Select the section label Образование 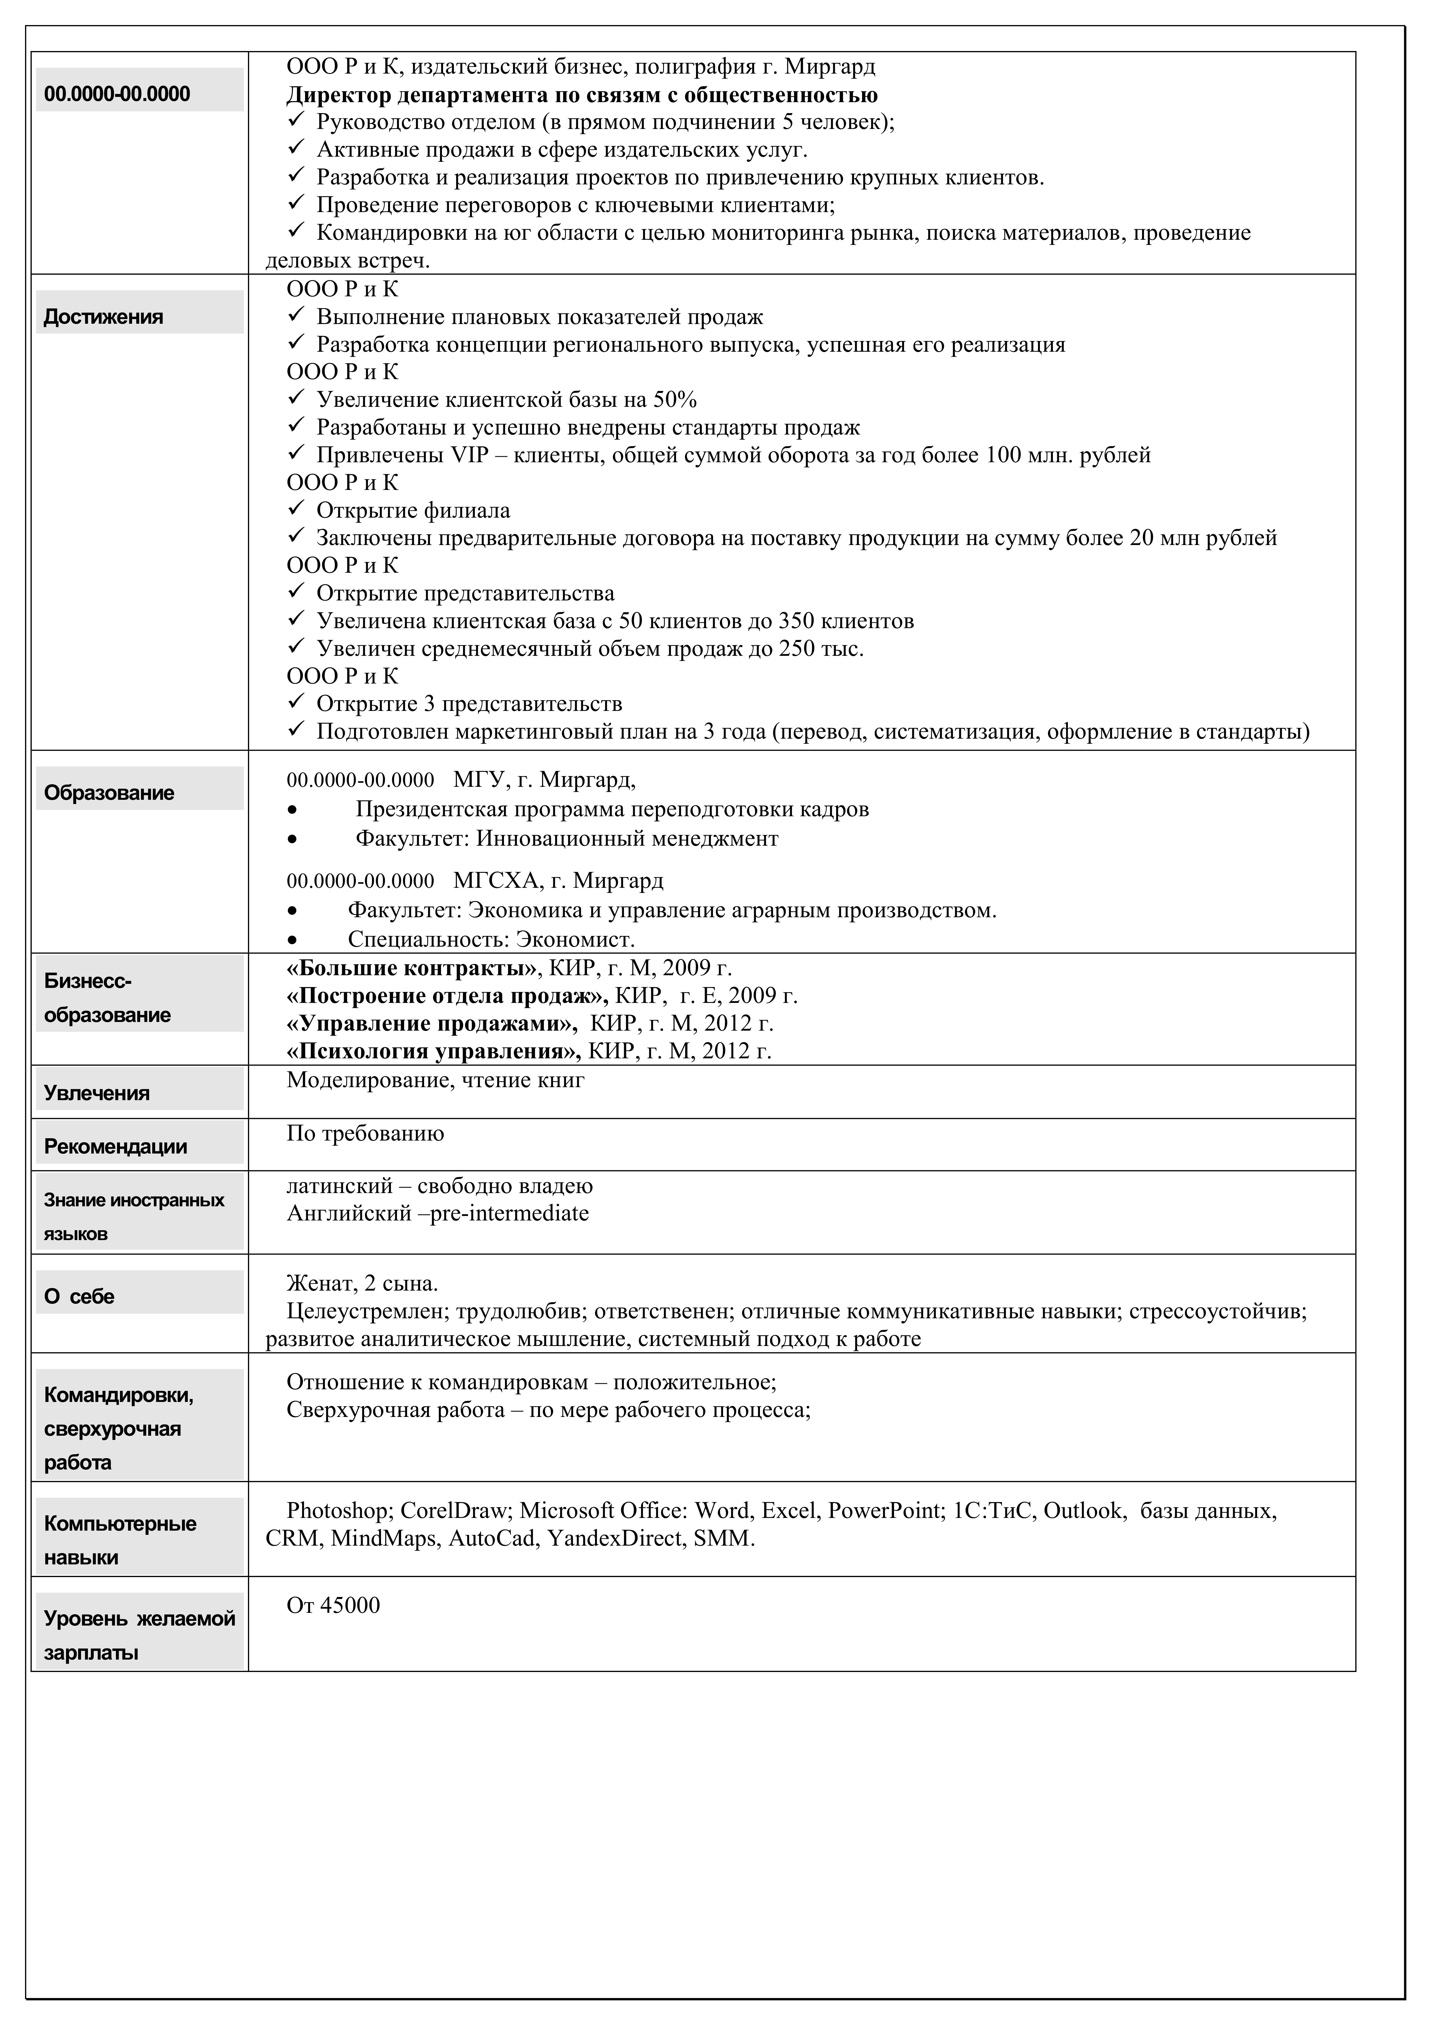click(x=109, y=793)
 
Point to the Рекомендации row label click(x=115, y=1147)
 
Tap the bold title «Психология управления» click(x=434, y=1052)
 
